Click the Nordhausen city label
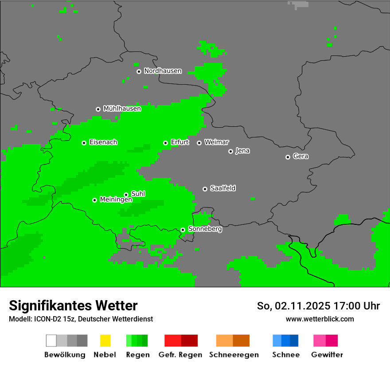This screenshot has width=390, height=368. (x=163, y=71)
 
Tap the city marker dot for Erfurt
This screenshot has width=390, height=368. (x=165, y=143)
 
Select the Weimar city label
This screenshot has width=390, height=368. (x=216, y=142)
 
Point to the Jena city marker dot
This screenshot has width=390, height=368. (x=230, y=151)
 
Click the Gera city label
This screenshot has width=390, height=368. (x=300, y=157)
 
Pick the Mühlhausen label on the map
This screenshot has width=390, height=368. (x=122, y=109)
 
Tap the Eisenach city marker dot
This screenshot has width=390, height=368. (x=84, y=143)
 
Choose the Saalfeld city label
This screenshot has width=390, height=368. (x=222, y=188)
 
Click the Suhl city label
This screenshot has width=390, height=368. (x=138, y=194)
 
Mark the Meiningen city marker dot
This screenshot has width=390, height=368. (x=94, y=200)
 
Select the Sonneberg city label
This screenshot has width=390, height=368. (x=205, y=229)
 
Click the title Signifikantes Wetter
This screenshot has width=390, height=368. (x=73, y=306)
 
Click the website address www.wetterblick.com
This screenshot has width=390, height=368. (x=320, y=319)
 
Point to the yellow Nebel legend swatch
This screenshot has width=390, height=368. (x=105, y=341)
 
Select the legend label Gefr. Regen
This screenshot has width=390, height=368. (x=180, y=355)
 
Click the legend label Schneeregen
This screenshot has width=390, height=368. (x=234, y=355)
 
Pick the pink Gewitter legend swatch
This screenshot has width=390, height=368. (x=325, y=341)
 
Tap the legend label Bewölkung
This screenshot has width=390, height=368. (x=65, y=355)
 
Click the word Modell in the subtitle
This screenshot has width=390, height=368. (x=19, y=319)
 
